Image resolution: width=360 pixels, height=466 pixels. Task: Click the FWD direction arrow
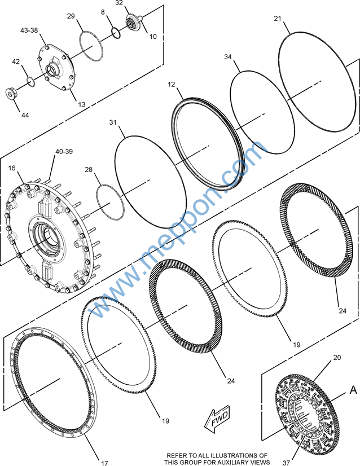(x=218, y=419)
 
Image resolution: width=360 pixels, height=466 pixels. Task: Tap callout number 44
(x=25, y=115)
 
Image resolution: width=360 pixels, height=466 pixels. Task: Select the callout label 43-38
(x=29, y=30)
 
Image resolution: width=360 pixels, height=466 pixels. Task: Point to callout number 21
(x=278, y=19)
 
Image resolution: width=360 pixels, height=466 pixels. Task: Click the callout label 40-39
(x=64, y=151)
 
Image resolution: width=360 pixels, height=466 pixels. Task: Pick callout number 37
(x=286, y=463)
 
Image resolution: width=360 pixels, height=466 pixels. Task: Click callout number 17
(x=104, y=463)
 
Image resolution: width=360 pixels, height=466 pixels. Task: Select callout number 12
(x=172, y=85)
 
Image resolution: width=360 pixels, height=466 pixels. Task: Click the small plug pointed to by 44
(x=11, y=94)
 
